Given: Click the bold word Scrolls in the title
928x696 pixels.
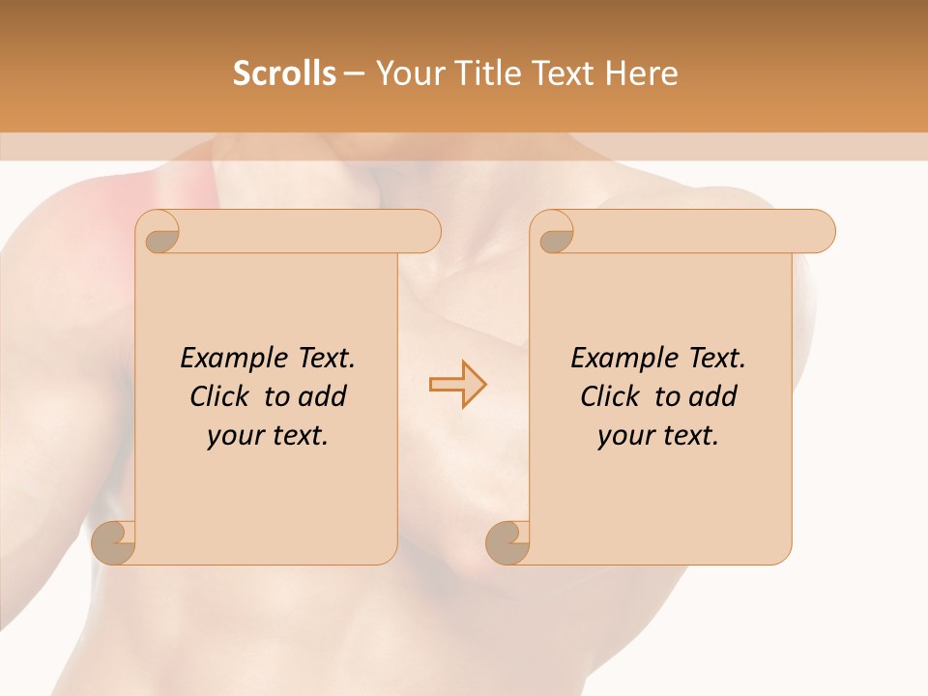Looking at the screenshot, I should click(284, 73).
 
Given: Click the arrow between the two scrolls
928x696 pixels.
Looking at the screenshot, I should click(458, 385).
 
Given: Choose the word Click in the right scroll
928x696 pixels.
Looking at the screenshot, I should click(611, 397).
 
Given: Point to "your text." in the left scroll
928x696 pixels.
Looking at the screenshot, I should click(268, 436).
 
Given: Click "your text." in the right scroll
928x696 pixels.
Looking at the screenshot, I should click(658, 436).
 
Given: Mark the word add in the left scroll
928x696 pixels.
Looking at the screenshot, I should click(323, 397).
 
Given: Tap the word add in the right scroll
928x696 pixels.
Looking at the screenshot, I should click(713, 397).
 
